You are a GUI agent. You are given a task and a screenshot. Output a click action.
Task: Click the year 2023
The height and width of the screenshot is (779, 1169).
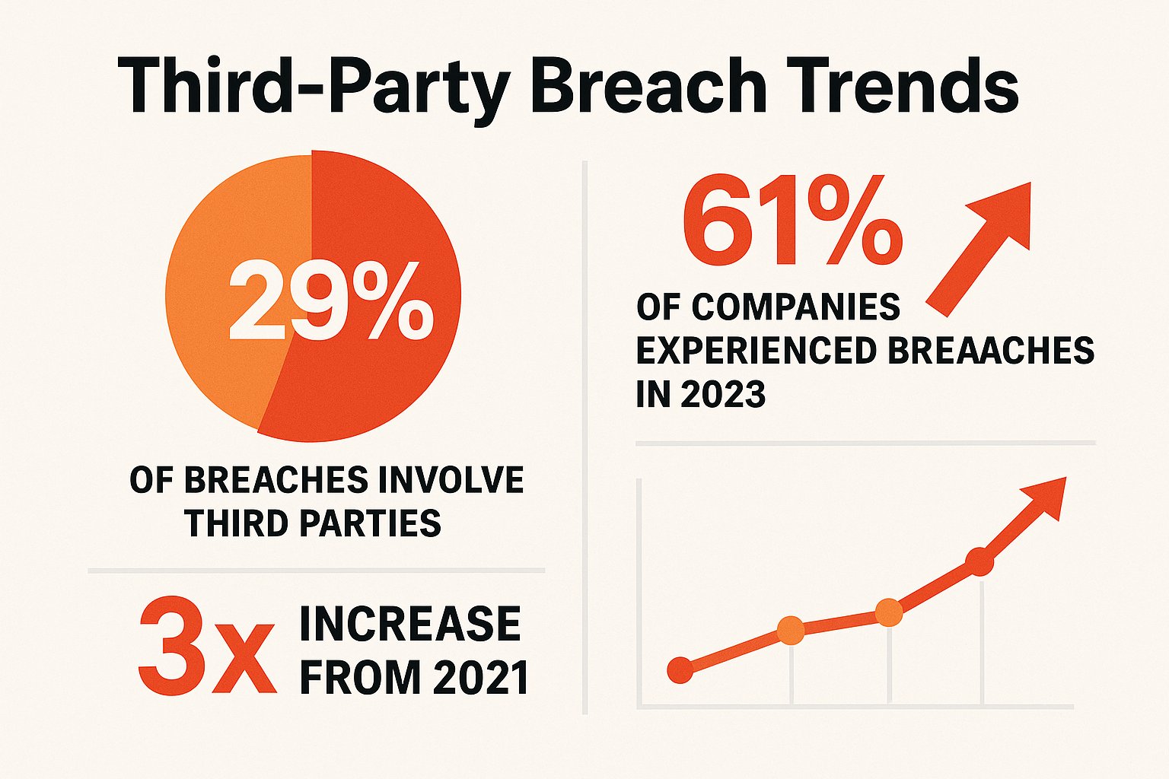[x=723, y=394]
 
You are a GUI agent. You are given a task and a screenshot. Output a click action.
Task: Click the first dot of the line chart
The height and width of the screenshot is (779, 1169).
[x=680, y=670]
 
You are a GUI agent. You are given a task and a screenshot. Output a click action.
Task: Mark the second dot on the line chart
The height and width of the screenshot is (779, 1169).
[x=792, y=631]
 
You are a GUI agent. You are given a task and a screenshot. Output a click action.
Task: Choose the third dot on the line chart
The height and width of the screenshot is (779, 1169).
[x=888, y=612]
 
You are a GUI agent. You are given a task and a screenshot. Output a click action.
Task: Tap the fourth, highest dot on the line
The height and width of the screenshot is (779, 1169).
[x=979, y=561]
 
